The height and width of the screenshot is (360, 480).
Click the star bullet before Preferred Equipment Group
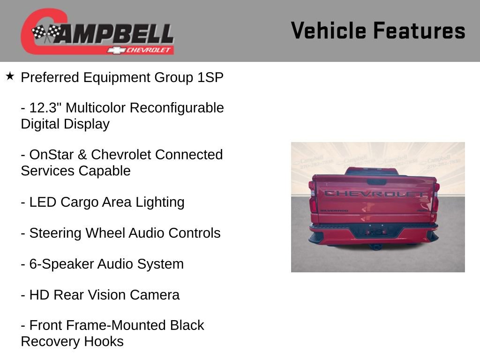[x=10, y=76]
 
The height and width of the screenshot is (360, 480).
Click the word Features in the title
[x=419, y=31]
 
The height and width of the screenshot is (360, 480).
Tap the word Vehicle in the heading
[x=328, y=31]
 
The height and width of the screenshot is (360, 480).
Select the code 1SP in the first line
[x=210, y=77]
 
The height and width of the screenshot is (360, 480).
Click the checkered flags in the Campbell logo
[x=46, y=33]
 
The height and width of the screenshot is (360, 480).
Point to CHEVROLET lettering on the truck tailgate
[x=375, y=194]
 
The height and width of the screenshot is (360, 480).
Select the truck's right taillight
[x=435, y=202]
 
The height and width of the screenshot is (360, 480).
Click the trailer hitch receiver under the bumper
[x=375, y=246]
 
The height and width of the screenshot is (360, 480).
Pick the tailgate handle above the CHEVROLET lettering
[x=376, y=182]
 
